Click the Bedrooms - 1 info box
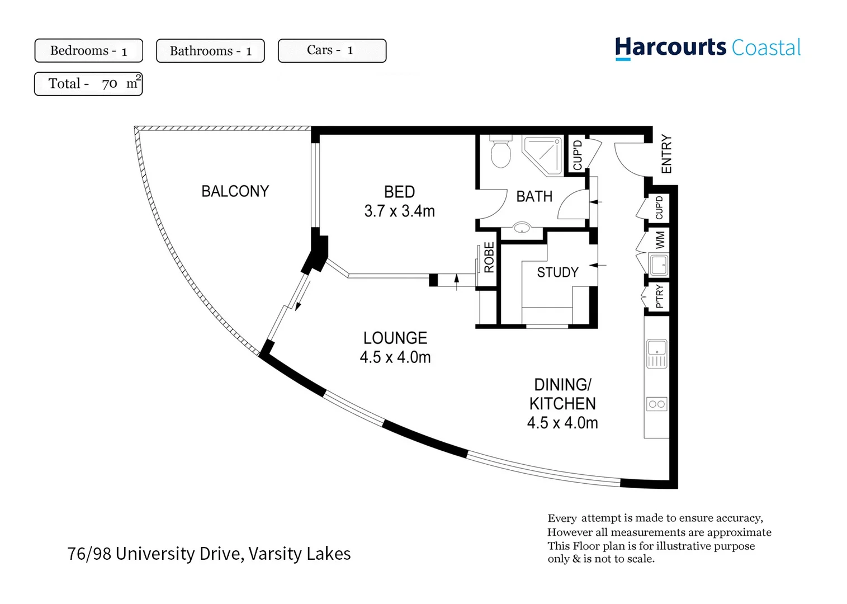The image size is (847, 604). tap(88, 51)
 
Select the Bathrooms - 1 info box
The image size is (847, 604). tap(210, 51)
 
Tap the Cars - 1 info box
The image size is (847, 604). tap(332, 51)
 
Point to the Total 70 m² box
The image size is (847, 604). tap(88, 84)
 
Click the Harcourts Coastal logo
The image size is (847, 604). tap(707, 48)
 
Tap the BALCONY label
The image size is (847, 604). tap(235, 191)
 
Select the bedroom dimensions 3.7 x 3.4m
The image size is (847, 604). tap(399, 211)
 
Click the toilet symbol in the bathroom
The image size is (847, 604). tap(501, 153)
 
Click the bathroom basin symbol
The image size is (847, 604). tap(522, 228)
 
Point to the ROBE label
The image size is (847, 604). tap(489, 257)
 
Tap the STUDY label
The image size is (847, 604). tap(557, 272)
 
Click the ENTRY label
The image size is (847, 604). tap(666, 154)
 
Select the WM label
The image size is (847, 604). tap(660, 240)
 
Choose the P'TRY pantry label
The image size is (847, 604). tap(660, 296)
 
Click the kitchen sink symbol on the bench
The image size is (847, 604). tap(657, 353)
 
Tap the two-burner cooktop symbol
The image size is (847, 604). tap(657, 404)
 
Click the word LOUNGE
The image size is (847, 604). tap(395, 338)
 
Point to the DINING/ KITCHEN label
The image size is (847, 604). tap(562, 394)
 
